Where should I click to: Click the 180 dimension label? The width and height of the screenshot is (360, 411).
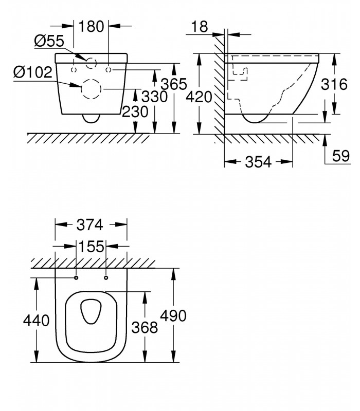[x=92, y=27]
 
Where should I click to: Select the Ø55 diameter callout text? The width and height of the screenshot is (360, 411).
[x=49, y=41]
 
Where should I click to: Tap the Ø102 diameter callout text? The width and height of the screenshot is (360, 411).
[x=33, y=72]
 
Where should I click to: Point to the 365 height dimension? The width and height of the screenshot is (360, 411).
[x=174, y=84]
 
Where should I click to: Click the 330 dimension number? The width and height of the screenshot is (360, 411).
[x=155, y=97]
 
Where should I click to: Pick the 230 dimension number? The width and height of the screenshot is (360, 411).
[x=135, y=111]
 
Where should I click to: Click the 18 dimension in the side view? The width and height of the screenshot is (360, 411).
[x=200, y=27]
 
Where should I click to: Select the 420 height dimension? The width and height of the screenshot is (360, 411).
[x=199, y=97]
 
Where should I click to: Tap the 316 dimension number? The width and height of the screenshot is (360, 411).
[x=334, y=84]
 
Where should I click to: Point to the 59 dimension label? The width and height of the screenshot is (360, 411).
[x=341, y=156]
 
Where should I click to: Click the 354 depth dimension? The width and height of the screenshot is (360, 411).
[x=258, y=162]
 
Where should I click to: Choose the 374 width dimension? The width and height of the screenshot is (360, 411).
[x=89, y=225]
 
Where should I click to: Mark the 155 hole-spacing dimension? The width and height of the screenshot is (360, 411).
[x=92, y=247]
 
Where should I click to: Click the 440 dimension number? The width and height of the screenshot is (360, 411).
[x=36, y=320]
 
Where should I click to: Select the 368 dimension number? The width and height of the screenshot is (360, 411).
[x=145, y=327]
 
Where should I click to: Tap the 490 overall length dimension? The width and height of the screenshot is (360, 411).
[x=173, y=315]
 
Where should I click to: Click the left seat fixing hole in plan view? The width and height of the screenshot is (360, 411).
[x=76, y=277]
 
